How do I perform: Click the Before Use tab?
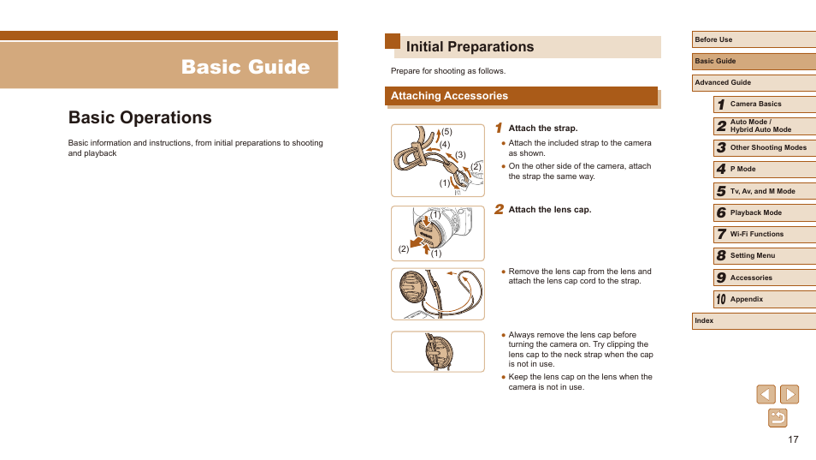[x=754, y=39]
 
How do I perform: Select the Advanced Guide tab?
[x=754, y=83]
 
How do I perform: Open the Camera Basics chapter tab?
[x=765, y=105]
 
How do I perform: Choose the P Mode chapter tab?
[x=765, y=170]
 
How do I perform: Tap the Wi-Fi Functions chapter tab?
[x=765, y=235]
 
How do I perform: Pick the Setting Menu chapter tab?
[x=765, y=256]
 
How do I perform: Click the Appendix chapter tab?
[x=765, y=299]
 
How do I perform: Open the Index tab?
[x=754, y=321]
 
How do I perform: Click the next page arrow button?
[x=789, y=394]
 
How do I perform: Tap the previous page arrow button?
[x=766, y=394]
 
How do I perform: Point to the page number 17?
[x=793, y=439]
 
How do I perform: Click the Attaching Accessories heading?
[x=449, y=96]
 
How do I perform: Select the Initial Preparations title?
[x=470, y=47]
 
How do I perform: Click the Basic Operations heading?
[x=140, y=117]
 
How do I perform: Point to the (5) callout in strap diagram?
[x=446, y=132]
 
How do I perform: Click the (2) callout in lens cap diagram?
[x=404, y=249]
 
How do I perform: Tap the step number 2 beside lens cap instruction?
[x=499, y=209]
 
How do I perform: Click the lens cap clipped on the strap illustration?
[x=438, y=352]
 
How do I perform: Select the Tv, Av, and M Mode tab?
[x=765, y=191]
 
